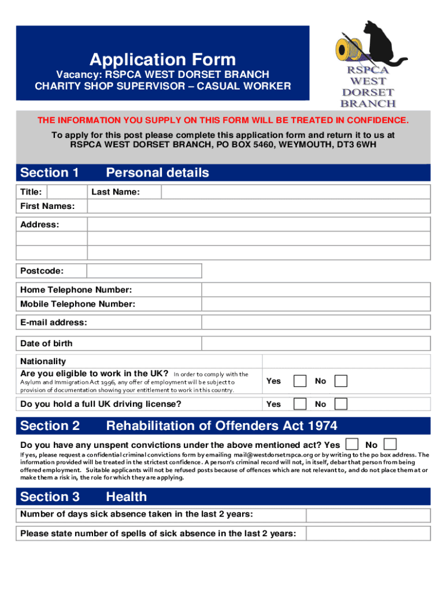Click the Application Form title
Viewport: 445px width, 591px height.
pyautogui.click(x=162, y=59)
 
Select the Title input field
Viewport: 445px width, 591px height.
pyautogui.click(x=66, y=192)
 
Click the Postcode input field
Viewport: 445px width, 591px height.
pyautogui.click(x=144, y=271)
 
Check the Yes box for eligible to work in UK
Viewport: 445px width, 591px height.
pyautogui.click(x=300, y=381)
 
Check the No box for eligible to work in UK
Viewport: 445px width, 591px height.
pyautogui.click(x=342, y=381)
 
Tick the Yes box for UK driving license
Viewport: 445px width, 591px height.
pyautogui.click(x=300, y=404)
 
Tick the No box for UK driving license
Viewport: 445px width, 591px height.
pyautogui.click(x=342, y=404)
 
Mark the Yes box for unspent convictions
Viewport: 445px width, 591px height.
pyautogui.click(x=351, y=444)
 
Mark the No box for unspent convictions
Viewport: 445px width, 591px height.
pyautogui.click(x=391, y=444)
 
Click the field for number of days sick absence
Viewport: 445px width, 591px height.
pyautogui.click(x=368, y=515)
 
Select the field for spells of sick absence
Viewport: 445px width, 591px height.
pyautogui.click(x=368, y=533)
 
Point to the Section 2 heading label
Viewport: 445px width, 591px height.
pyautogui.click(x=50, y=426)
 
